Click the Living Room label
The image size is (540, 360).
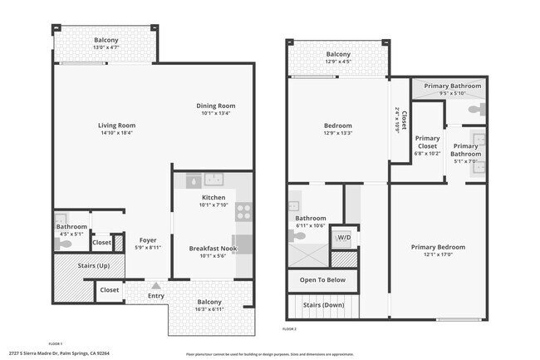[117, 126]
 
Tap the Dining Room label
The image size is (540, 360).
[216, 106]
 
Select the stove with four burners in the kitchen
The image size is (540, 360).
[244, 211]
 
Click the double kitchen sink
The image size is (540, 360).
[215, 180]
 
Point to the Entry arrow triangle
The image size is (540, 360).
[156, 286]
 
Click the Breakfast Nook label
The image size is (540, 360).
[214, 249]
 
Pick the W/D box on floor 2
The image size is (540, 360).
[343, 238]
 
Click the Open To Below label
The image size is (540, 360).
[322, 280]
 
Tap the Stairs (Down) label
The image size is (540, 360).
[322, 304]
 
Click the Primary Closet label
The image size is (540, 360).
[427, 143]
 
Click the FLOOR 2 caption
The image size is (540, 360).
[289, 329]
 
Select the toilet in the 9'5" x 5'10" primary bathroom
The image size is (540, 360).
[475, 109]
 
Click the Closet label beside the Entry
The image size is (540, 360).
[109, 290]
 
